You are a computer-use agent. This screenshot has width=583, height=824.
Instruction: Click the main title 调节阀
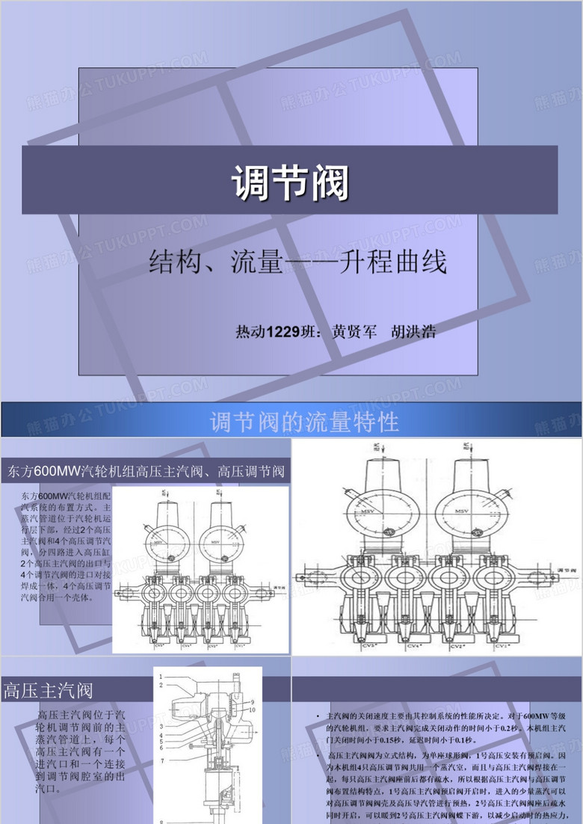pyautogui.click(x=290, y=182)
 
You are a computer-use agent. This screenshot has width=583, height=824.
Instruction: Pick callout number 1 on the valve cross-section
pyautogui.click(x=161, y=677)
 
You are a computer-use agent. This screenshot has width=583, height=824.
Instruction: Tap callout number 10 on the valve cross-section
pyautogui.click(x=253, y=709)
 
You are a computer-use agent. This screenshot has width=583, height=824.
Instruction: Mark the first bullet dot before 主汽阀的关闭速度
pyautogui.click(x=318, y=716)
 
